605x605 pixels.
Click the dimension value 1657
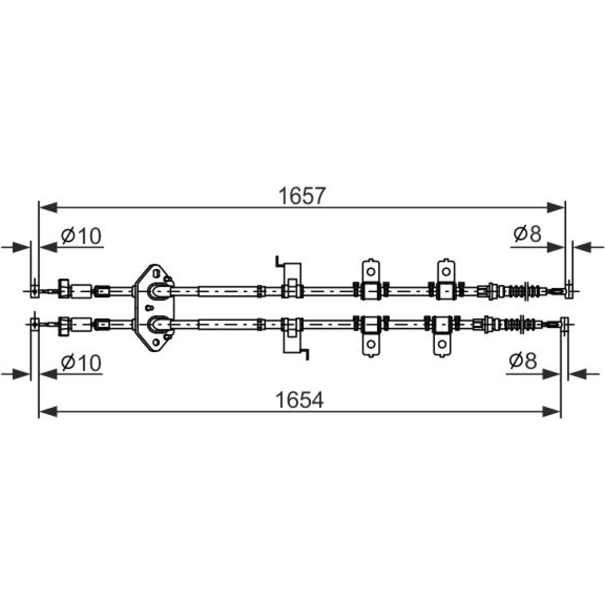pyautogui.click(x=302, y=196)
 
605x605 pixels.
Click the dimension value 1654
pyautogui.click(x=299, y=400)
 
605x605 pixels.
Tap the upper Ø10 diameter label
pyautogui.click(x=81, y=236)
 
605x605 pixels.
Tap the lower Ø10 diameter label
pyautogui.click(x=81, y=362)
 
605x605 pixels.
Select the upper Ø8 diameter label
pyautogui.click(x=528, y=234)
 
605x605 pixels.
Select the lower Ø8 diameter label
pyautogui.click(x=523, y=361)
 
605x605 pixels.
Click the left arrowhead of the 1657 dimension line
pyautogui.click(x=48, y=207)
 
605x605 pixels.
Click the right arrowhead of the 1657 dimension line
pyautogui.click(x=556, y=207)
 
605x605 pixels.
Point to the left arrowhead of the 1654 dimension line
pyautogui.click(x=48, y=411)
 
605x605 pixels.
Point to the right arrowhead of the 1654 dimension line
pyautogui.click(x=551, y=411)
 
